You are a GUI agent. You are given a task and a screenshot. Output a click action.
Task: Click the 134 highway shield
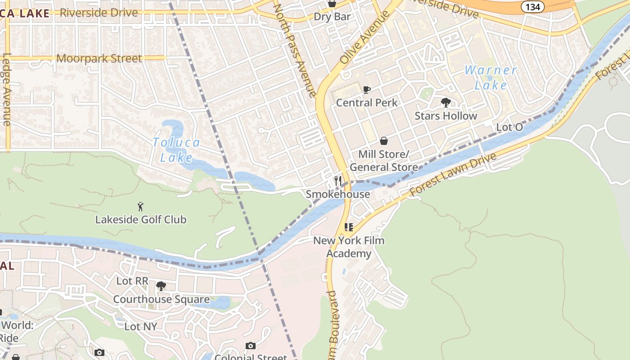coord(533,6)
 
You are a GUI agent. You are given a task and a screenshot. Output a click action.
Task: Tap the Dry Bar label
coord(332,17)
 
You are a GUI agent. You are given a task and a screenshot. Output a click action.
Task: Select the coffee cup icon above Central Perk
coord(367,90)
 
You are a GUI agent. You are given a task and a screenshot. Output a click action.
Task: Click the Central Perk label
coord(367,103)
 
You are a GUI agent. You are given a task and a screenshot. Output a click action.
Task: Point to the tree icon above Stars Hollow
coord(446,103)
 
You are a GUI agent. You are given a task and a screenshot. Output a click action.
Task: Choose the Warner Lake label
coord(490,77)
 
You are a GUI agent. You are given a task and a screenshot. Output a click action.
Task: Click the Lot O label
coord(509,127)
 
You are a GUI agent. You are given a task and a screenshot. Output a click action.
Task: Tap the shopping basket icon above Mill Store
coord(384,141)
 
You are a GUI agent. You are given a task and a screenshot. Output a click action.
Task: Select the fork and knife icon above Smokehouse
coord(338,181)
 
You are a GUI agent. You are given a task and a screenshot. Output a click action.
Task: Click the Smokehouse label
coord(338,194)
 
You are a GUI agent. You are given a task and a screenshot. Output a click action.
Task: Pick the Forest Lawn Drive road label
coord(453,174)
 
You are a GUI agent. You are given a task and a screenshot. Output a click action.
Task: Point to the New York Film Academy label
coord(349,247)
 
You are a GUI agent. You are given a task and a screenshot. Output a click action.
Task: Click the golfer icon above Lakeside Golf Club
coord(140,207)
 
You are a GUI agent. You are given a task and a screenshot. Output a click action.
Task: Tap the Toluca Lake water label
coord(176,150)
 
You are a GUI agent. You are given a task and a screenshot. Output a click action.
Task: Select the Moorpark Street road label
coord(99,58)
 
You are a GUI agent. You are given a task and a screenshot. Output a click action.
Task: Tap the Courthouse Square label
coord(161,299)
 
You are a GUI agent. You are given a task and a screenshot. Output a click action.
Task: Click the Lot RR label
coord(132,281)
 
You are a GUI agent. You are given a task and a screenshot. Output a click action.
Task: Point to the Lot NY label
coord(140,326)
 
